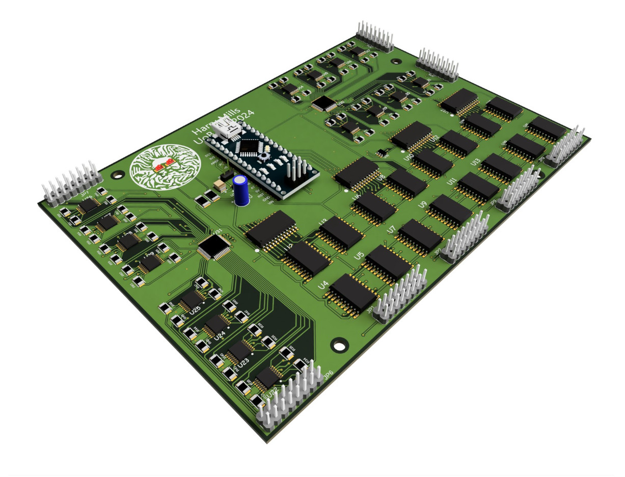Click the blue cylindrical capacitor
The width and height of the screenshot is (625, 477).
(x=241, y=191)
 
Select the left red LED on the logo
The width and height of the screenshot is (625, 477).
(x=158, y=168)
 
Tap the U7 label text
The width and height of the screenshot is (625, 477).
(x=391, y=230)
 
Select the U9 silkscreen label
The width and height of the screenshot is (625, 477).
(x=422, y=205)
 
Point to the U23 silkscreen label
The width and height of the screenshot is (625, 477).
(x=244, y=362)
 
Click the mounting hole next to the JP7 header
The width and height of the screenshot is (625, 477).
(x=118, y=174)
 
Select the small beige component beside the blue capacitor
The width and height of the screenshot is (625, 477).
(x=220, y=187)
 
